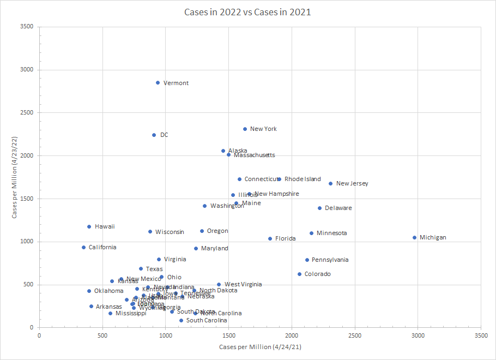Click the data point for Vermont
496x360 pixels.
[x=158, y=83]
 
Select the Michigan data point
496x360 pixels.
[x=414, y=237]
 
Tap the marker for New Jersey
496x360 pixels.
[x=330, y=183]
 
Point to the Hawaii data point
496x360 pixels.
[x=89, y=226]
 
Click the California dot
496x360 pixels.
[x=83, y=247]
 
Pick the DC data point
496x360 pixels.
[x=154, y=135]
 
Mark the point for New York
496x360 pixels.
[x=245, y=129]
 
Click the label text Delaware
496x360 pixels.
[x=338, y=208]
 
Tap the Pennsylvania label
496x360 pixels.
[x=330, y=260]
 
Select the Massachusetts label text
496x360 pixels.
[x=254, y=155]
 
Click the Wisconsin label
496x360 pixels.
[x=170, y=232]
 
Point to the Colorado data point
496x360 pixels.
[x=299, y=274]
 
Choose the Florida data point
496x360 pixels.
[x=270, y=238]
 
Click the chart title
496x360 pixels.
[x=248, y=12]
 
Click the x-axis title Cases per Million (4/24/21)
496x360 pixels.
[x=259, y=347]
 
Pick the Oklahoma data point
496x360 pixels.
[x=89, y=291]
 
